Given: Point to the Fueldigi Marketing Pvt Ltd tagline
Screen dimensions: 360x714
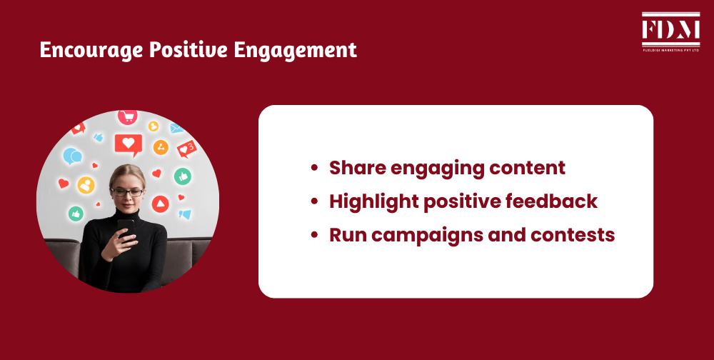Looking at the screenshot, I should click(x=670, y=49).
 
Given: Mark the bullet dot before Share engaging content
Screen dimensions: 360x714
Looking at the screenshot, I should click(x=314, y=169).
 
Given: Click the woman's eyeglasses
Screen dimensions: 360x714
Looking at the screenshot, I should click(x=127, y=191).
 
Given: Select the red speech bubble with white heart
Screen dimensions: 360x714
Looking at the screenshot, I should click(x=129, y=144).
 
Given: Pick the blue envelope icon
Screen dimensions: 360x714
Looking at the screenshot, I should click(x=176, y=129).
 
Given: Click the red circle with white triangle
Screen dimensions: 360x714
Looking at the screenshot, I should click(x=161, y=204).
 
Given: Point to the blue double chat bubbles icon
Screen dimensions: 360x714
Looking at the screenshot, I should click(x=72, y=156).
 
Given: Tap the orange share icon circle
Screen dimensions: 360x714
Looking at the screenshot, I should click(x=161, y=147).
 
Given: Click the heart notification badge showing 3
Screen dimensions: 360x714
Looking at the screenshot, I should click(x=187, y=149).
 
